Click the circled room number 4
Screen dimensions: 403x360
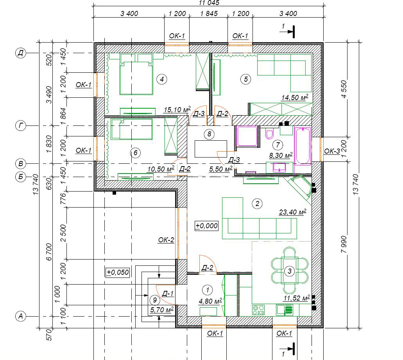point(162,79)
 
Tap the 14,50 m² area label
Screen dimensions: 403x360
point(295,97)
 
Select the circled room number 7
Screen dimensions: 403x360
point(278,145)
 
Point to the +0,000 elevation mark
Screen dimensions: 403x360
point(206,226)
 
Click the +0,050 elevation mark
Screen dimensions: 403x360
point(118,272)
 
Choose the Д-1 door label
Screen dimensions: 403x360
point(168,294)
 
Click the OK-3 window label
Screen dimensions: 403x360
point(332,151)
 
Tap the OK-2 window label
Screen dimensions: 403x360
point(166,240)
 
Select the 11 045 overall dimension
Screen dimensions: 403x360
point(209,3)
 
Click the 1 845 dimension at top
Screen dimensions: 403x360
point(209,13)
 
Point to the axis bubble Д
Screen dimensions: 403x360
point(21,53)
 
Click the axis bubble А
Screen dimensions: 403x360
point(21,316)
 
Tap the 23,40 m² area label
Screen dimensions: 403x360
point(292,212)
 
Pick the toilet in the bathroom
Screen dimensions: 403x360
point(269,134)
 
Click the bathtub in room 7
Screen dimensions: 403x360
point(303,146)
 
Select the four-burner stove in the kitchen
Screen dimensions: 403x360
point(258,310)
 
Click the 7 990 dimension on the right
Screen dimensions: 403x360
point(344,244)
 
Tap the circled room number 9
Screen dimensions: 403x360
point(155,300)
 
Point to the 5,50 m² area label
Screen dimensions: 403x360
point(220,169)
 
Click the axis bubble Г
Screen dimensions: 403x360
point(21,125)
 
